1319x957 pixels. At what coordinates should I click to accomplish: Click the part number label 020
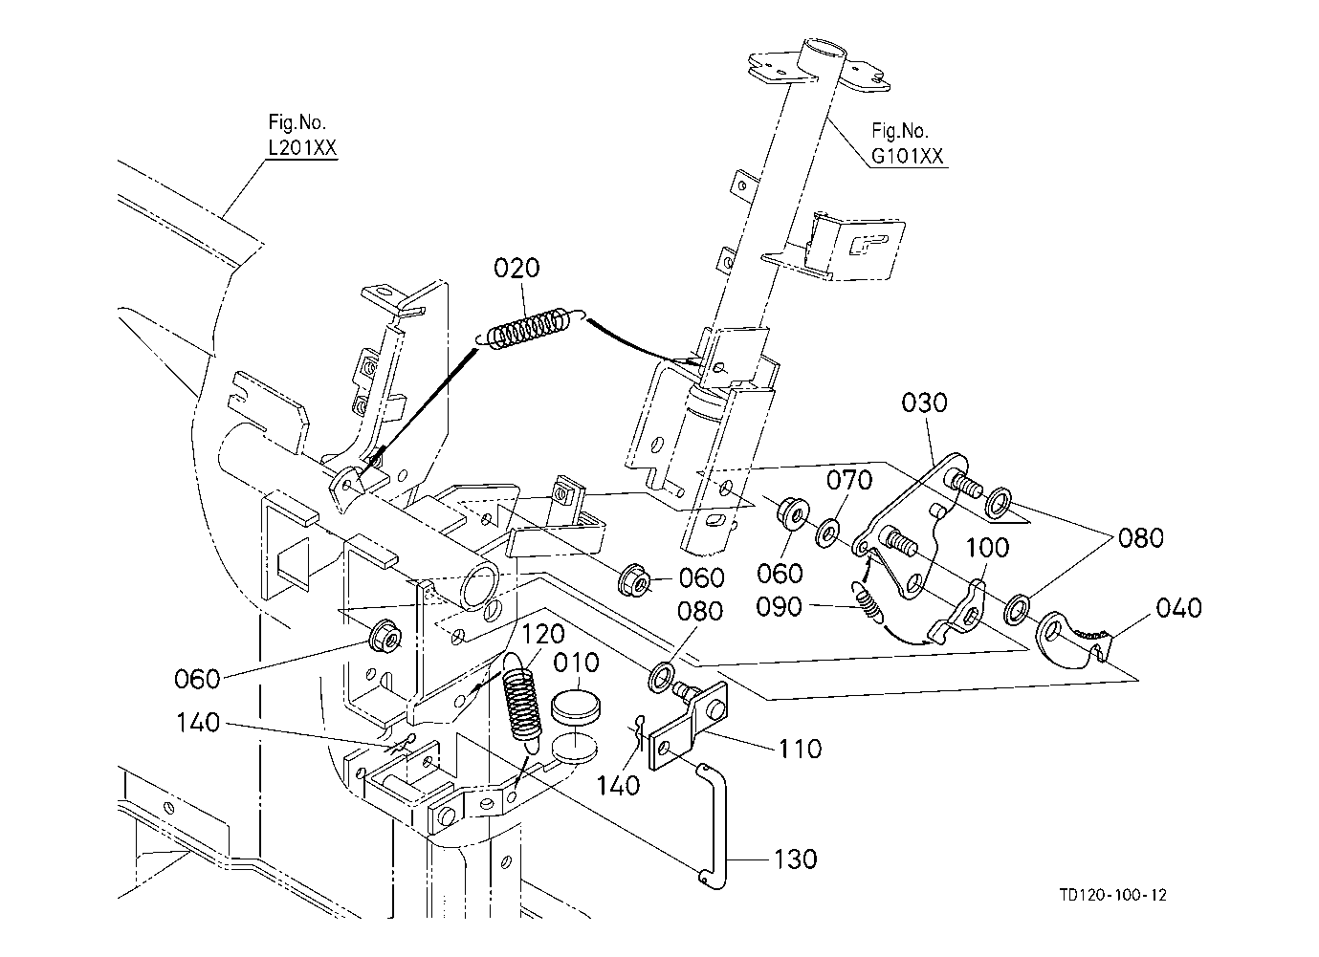pos(517,269)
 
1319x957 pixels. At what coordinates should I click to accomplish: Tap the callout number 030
pos(924,402)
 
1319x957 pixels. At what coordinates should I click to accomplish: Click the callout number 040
pos(1178,608)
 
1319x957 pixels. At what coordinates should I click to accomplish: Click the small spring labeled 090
pos(868,604)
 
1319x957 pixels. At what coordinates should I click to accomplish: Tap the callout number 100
pos(987,548)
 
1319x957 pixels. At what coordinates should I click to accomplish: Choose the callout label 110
pos(798,748)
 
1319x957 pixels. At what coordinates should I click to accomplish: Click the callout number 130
pos(794,859)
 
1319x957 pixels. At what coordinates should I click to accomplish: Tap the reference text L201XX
pos(301,148)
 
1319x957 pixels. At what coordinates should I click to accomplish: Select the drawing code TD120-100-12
pos(1113,895)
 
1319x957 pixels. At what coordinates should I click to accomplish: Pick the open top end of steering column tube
pos(823,48)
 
